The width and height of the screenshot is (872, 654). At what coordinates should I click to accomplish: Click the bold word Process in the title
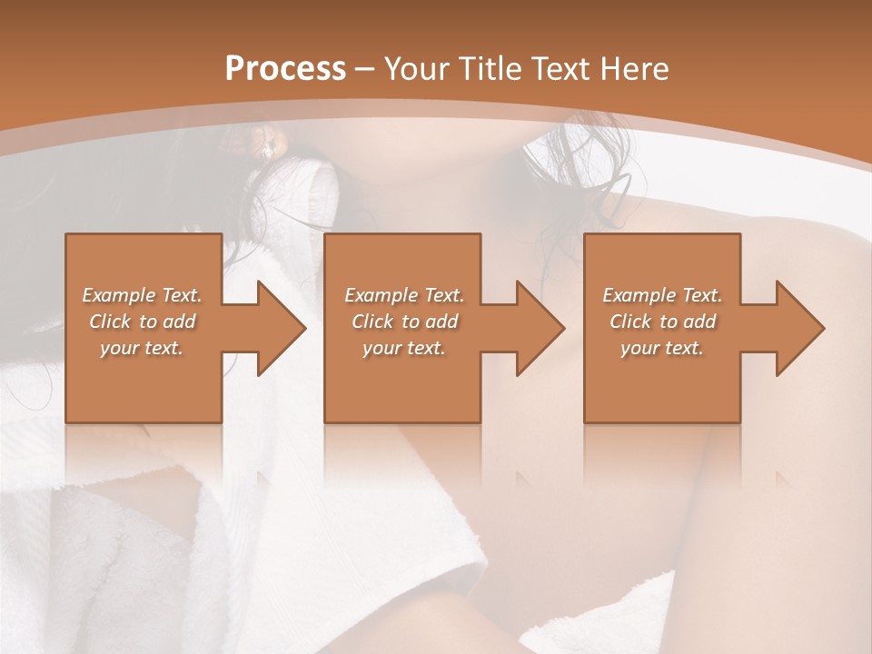coord(285,69)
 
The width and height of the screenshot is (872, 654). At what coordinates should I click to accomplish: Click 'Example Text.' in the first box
coord(143,295)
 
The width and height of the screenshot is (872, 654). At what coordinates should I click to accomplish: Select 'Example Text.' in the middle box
coord(404,295)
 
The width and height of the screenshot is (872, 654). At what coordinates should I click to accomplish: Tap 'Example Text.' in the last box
coord(662,295)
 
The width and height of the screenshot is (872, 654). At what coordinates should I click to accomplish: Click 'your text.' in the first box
coord(142,349)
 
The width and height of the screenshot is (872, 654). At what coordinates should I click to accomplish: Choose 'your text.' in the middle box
coord(403,349)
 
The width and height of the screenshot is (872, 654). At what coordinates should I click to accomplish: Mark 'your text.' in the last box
coord(661,349)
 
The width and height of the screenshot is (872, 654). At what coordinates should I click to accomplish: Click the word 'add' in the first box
coord(180,322)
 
